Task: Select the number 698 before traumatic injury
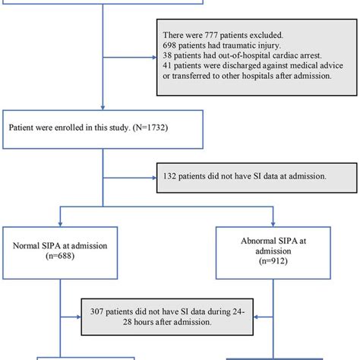(171, 47)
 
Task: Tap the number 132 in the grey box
(172, 176)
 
